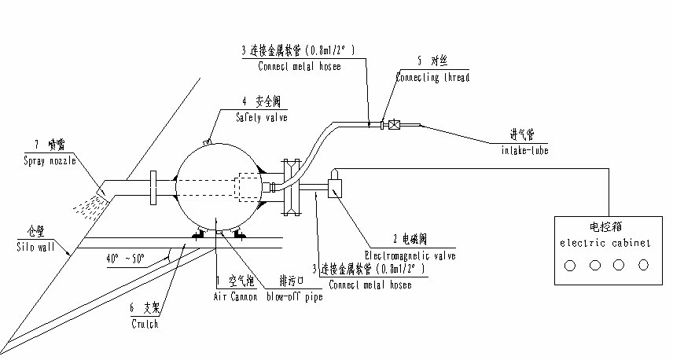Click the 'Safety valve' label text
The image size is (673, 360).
[x=262, y=117]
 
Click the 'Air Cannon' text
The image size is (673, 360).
[x=235, y=297]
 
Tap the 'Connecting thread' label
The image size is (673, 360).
[x=432, y=78]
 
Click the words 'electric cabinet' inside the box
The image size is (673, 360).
[x=605, y=243]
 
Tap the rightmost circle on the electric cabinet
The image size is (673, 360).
[x=643, y=266]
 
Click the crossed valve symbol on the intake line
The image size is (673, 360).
[x=393, y=124]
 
